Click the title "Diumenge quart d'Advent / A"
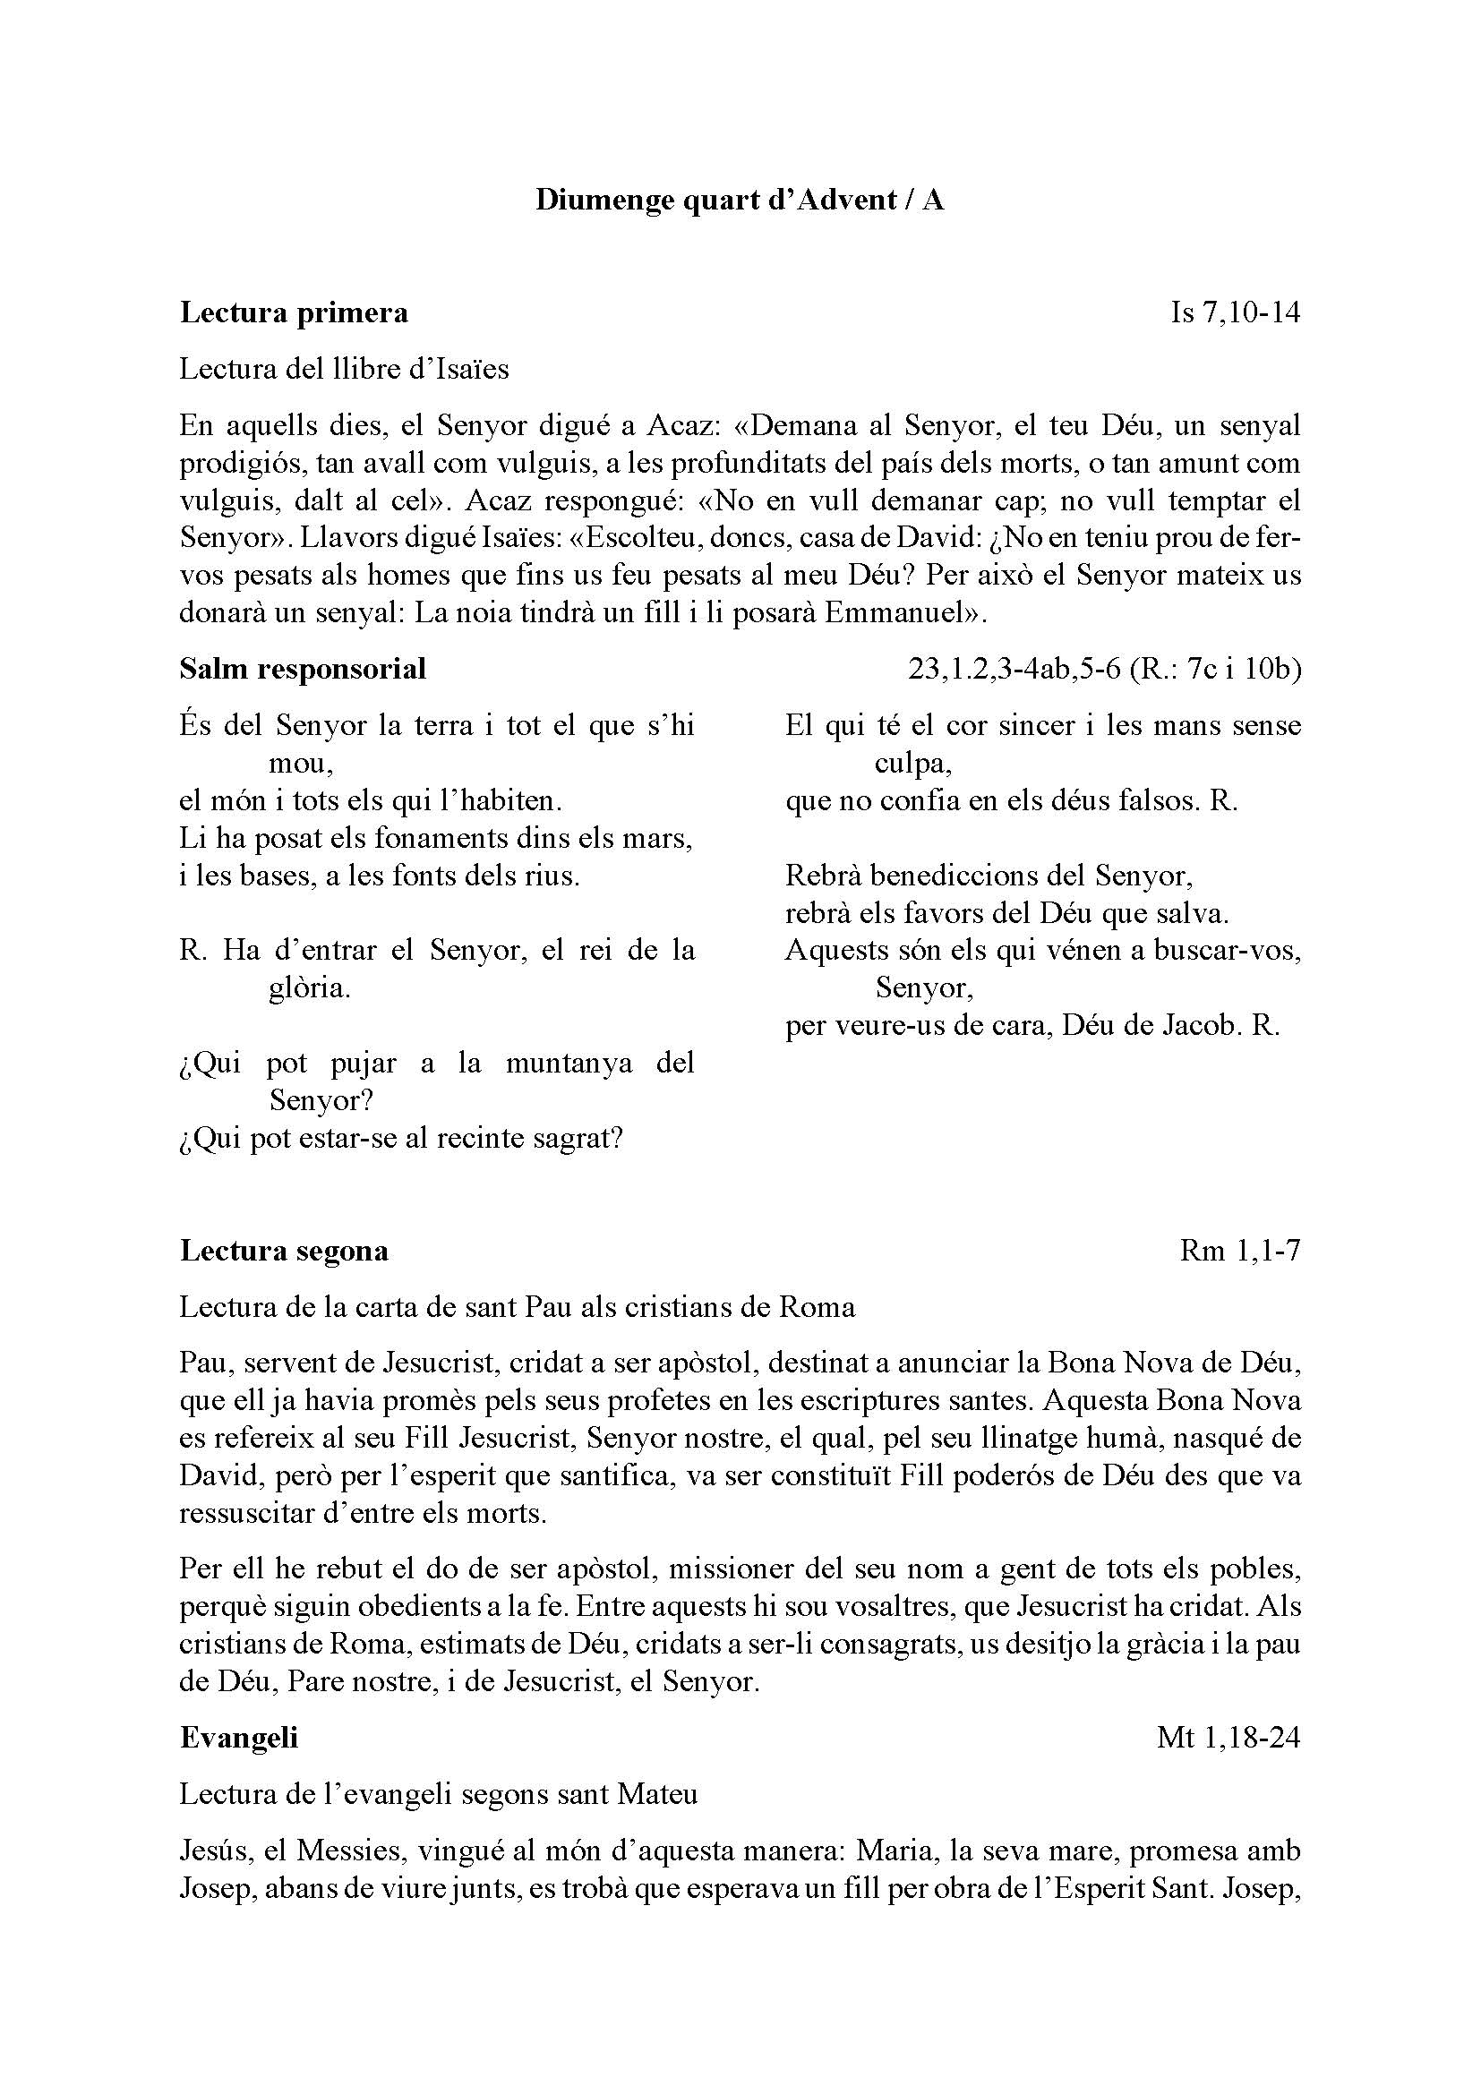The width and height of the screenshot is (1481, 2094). click(x=740, y=200)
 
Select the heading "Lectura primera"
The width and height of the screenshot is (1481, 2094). click(x=294, y=312)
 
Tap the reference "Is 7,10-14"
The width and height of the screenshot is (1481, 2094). click(x=1235, y=312)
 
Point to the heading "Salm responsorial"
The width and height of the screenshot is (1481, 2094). click(x=303, y=670)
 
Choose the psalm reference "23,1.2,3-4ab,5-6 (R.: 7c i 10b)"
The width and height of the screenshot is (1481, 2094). click(x=1104, y=670)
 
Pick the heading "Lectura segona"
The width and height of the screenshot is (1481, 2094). click(x=285, y=1251)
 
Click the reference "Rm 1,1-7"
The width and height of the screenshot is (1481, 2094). click(x=1239, y=1251)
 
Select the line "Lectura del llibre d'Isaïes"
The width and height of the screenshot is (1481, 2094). click(x=344, y=370)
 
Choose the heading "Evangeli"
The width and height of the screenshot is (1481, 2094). click(x=239, y=1739)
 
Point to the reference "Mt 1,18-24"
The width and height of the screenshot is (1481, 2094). click(x=1228, y=1739)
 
